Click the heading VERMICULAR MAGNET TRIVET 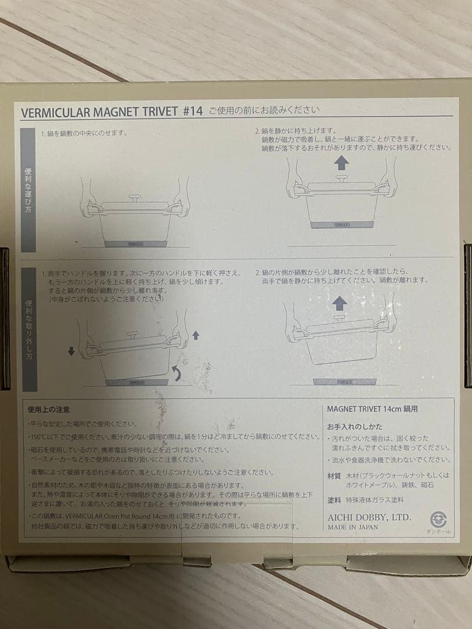coord(98,112)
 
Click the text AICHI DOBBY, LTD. coord(369,517)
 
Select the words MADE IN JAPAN coord(353,527)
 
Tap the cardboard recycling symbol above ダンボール coord(438,519)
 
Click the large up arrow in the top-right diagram coord(341,164)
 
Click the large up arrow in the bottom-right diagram coord(340,303)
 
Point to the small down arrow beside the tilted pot coord(71,351)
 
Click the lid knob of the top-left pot coord(135,198)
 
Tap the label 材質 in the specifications coord(334,475)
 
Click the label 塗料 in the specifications coord(334,500)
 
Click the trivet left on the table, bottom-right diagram coord(341,381)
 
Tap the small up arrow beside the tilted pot coord(195,335)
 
